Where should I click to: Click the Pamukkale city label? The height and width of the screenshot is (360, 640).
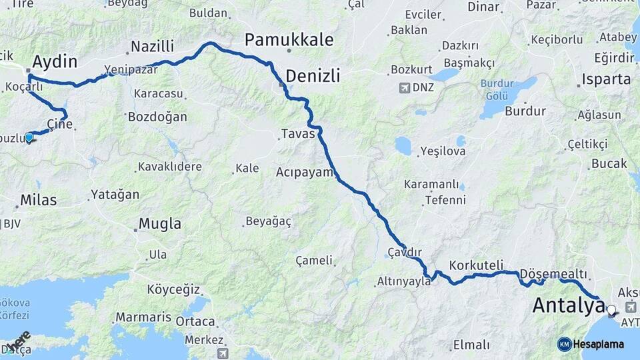click(289, 39)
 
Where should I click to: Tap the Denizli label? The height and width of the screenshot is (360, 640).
click(313, 76)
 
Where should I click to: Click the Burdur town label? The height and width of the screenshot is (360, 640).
click(525, 111)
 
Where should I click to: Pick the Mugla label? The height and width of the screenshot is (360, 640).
click(159, 223)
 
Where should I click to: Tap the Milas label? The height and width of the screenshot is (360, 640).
click(38, 199)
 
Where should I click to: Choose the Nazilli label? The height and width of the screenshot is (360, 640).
click(152, 47)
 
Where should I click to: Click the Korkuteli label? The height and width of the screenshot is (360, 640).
click(476, 265)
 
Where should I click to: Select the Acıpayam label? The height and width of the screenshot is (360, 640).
click(304, 172)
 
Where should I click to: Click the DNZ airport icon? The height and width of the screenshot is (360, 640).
click(404, 87)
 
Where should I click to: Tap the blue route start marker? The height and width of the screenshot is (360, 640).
click(29, 137)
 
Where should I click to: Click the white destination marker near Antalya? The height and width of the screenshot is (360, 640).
click(611, 309)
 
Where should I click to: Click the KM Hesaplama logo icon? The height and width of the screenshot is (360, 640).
click(564, 344)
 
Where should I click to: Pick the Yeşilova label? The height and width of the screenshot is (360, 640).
click(443, 151)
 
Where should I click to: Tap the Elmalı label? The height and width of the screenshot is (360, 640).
click(471, 345)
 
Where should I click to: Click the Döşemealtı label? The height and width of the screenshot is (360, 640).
click(553, 274)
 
